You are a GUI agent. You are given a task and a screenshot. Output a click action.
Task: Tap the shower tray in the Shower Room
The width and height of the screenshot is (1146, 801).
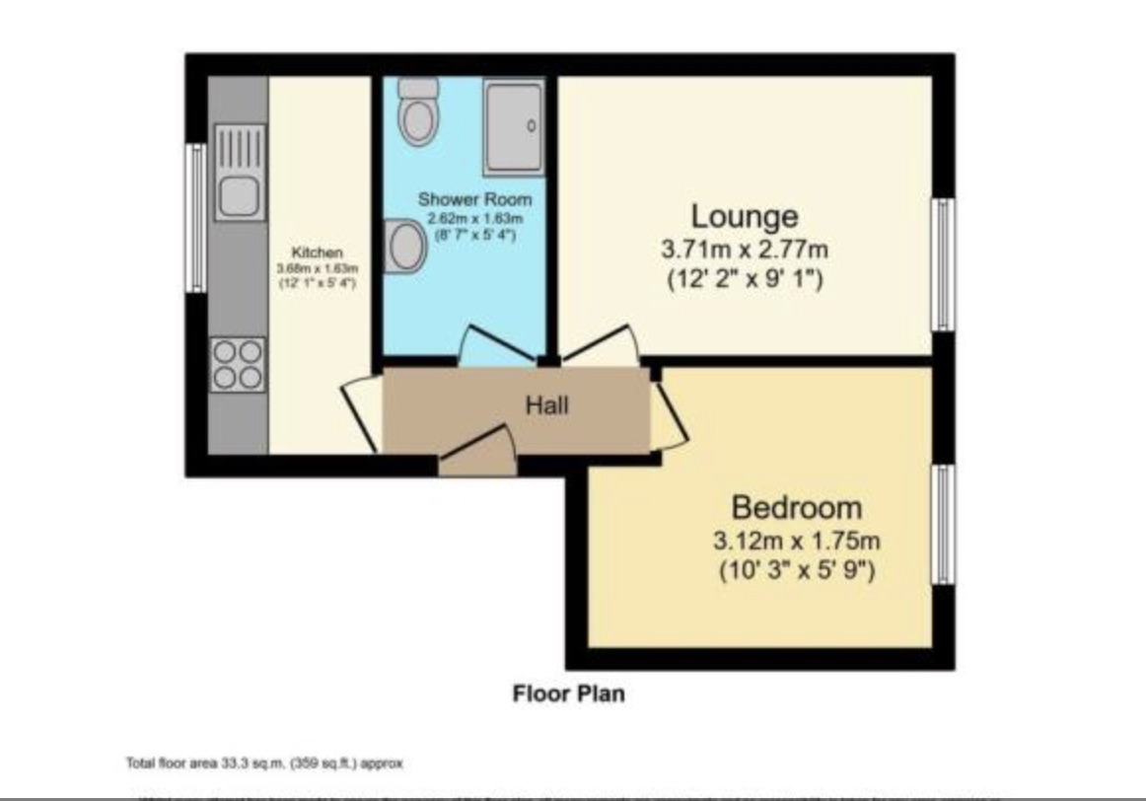(513, 126)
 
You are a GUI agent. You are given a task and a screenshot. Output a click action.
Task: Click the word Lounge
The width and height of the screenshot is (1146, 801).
(744, 215)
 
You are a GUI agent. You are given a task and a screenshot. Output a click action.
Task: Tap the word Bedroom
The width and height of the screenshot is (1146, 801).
(796, 508)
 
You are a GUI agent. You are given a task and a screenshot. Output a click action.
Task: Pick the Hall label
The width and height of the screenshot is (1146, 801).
(546, 404)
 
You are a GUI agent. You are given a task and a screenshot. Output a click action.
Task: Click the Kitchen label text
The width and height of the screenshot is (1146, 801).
(317, 253)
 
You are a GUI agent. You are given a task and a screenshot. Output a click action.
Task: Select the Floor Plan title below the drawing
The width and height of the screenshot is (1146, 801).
(568, 693)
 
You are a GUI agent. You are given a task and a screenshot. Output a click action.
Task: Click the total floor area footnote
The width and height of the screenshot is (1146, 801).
(264, 764)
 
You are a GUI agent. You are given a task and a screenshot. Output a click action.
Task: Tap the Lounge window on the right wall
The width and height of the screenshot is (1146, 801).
(944, 264)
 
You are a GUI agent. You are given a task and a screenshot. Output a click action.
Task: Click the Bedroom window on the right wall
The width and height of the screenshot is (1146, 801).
(944, 525)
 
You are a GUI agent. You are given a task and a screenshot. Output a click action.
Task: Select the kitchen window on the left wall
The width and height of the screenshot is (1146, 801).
(197, 217)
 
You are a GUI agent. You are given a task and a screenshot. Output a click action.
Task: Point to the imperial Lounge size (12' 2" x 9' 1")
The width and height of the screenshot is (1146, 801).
(744, 279)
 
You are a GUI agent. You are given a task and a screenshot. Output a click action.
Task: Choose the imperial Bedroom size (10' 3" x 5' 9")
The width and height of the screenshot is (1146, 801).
(796, 570)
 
